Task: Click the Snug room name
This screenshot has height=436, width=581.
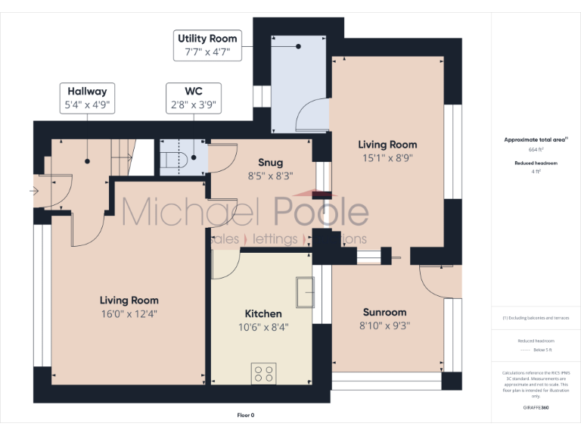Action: tap(270, 163)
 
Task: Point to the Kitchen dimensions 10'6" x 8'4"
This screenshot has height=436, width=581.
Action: tap(263, 327)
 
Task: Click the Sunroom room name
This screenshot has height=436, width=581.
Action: tap(384, 312)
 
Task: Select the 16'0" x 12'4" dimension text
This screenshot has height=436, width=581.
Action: tap(129, 313)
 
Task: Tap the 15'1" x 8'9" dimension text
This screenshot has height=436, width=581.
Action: tap(387, 158)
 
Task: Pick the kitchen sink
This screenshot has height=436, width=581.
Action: tap(304, 292)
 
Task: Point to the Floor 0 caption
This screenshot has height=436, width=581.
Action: tap(246, 415)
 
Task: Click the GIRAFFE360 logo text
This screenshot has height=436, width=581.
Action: tap(536, 407)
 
